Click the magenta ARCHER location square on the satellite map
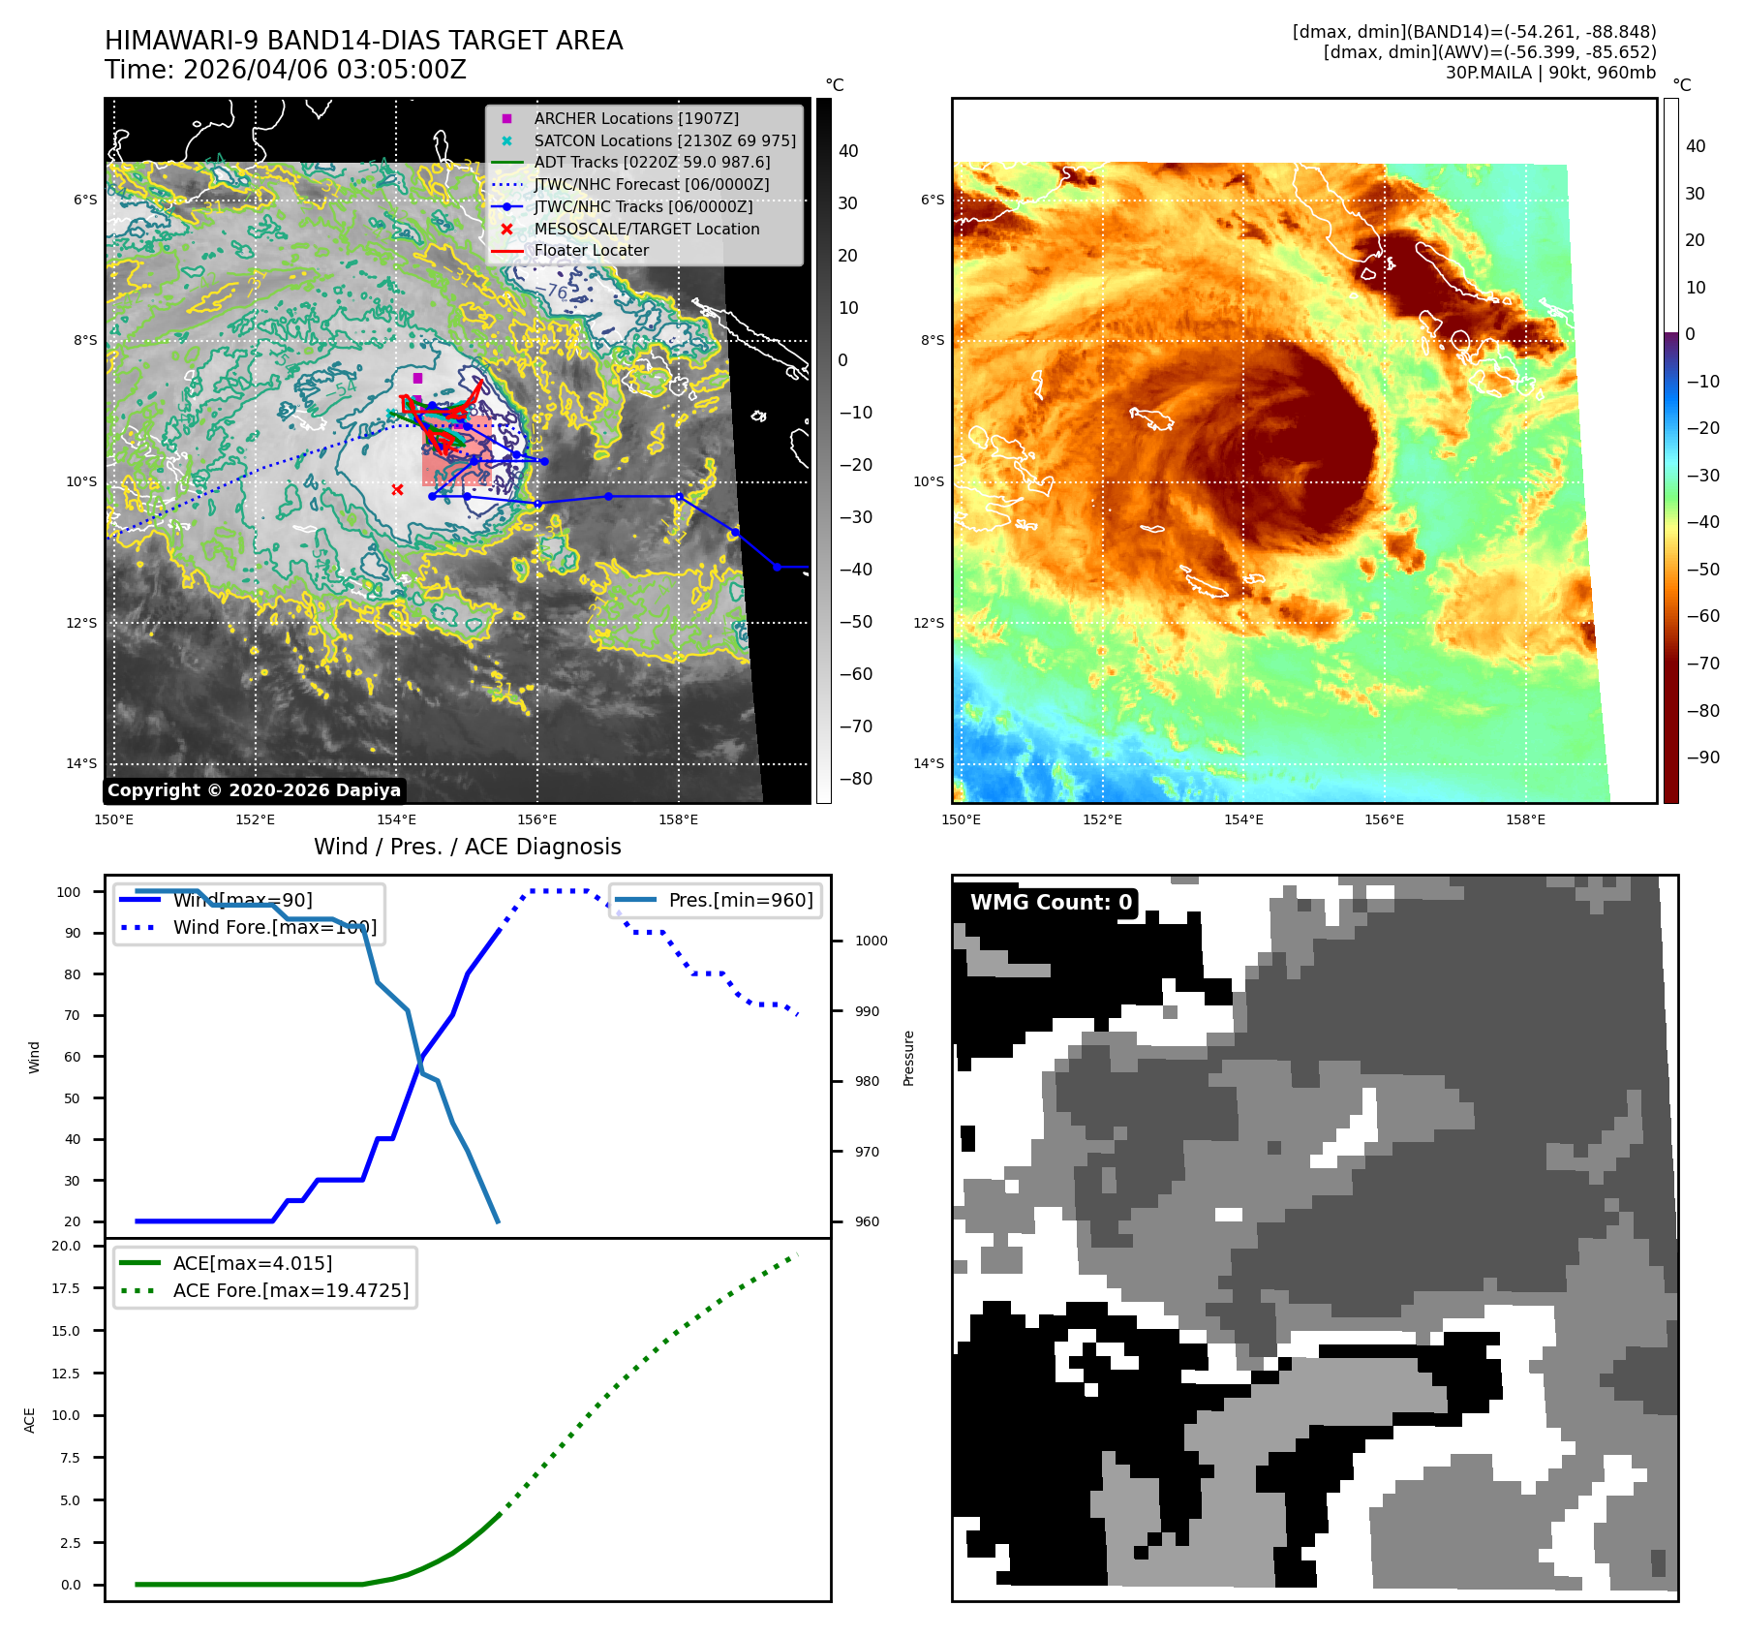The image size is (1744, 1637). click(x=417, y=378)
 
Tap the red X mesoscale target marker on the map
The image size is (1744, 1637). click(x=397, y=489)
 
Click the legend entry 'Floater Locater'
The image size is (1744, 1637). click(x=591, y=251)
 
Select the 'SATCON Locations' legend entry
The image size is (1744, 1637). click(x=664, y=140)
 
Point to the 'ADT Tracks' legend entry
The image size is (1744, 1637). click(x=652, y=163)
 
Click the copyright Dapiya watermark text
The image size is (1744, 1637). click(x=254, y=790)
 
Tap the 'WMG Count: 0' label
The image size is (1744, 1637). click(x=1050, y=903)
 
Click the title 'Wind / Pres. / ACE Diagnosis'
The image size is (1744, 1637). click(x=467, y=847)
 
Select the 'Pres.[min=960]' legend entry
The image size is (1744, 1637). click(x=741, y=900)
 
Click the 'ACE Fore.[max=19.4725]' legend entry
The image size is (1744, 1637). click(x=291, y=1290)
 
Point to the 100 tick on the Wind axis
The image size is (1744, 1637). click(x=69, y=892)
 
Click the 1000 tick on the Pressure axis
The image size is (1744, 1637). click(x=871, y=941)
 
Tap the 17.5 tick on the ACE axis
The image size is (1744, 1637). click(x=67, y=1288)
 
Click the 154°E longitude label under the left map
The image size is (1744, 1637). click(x=396, y=819)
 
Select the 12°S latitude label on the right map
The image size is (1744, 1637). click(x=928, y=623)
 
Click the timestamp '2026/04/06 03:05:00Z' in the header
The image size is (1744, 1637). click(x=324, y=70)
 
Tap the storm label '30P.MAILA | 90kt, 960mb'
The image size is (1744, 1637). click(x=1549, y=73)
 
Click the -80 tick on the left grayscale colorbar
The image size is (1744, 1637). click(x=855, y=779)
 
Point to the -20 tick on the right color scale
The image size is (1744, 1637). click(x=1702, y=428)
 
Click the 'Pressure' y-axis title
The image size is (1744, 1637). click(x=908, y=1058)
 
